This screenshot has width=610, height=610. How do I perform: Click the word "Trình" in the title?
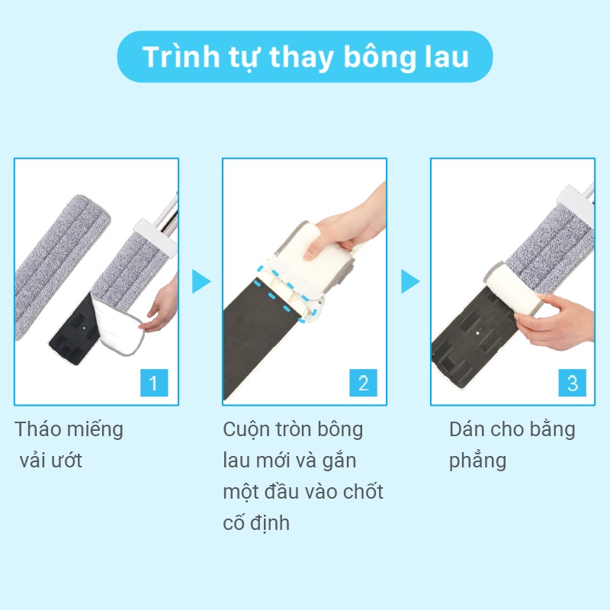point(181,56)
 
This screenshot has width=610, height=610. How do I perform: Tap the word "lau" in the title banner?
point(447,56)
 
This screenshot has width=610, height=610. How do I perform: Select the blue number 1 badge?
point(154,383)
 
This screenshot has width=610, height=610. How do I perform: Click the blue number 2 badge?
point(363,383)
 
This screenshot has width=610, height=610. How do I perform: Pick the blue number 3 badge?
point(573,383)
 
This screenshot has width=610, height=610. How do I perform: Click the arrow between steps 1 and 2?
point(201,281)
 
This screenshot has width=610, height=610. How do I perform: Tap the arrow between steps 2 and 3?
point(410,281)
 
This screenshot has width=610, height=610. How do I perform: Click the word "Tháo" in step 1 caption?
point(37,429)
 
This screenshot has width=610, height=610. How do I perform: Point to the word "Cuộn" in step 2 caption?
point(246,430)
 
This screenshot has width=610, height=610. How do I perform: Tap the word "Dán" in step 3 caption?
point(467,429)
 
